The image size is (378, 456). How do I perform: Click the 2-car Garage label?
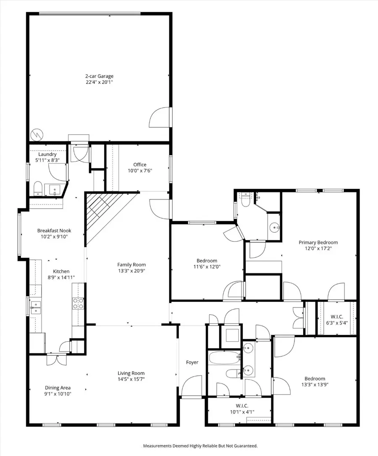coord(99,76)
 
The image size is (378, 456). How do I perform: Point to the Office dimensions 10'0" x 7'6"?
coord(139,170)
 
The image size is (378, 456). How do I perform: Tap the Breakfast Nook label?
coord(54,231)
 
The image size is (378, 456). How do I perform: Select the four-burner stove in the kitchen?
coord(78,303)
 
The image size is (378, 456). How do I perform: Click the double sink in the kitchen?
coord(36,307)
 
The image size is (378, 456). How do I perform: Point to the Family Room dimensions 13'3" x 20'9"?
coord(131,271)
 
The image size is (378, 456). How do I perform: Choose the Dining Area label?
coord(58,388)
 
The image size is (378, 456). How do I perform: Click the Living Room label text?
coord(131,373)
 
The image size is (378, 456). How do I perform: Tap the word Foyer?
coord(192,362)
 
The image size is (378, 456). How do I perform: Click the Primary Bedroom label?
coord(318,242)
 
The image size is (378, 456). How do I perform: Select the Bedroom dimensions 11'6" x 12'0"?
coord(207,266)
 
